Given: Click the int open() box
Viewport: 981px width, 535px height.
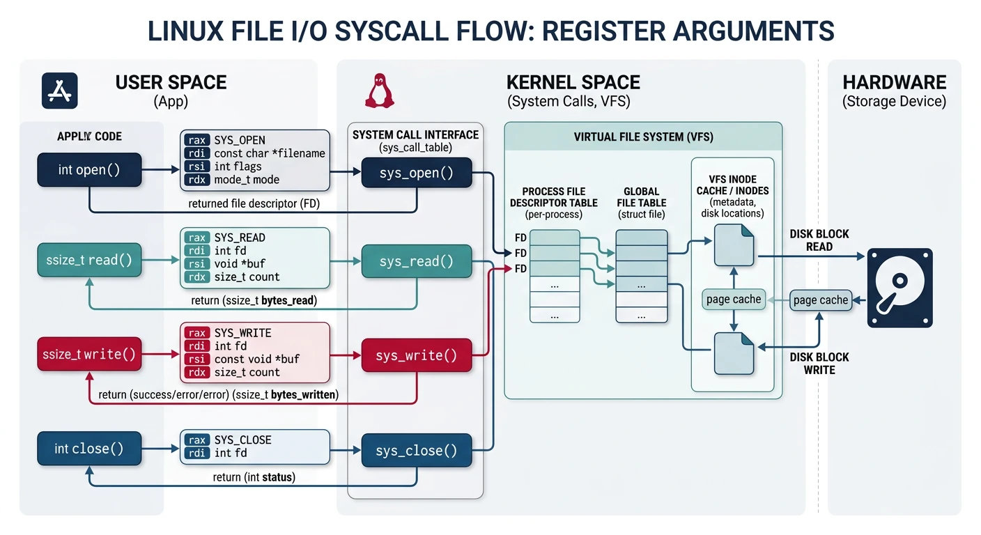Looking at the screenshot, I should [x=89, y=170].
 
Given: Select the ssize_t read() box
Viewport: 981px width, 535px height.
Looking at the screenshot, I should [x=89, y=261].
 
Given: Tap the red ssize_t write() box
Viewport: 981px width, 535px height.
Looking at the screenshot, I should [x=89, y=355].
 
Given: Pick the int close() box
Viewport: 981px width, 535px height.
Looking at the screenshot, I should [x=89, y=449].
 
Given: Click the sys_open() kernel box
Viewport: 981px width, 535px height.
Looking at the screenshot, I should [x=416, y=173].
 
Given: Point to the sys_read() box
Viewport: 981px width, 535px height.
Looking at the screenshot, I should [x=416, y=261].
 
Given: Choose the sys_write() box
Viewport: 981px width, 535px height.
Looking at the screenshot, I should [x=416, y=356].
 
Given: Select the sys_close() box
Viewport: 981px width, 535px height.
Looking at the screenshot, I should [x=416, y=451].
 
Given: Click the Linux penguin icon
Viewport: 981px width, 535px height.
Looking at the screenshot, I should [x=380, y=91].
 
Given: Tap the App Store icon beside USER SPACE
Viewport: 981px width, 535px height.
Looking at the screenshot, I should [x=60, y=91].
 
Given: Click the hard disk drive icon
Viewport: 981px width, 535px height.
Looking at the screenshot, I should [x=899, y=288].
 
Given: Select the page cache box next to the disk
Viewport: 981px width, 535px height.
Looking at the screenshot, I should [x=820, y=300].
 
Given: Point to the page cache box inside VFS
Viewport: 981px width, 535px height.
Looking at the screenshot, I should [x=733, y=300].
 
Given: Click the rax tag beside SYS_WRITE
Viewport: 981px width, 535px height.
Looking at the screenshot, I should [x=197, y=333].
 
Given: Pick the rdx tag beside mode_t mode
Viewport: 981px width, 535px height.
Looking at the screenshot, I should [x=197, y=180].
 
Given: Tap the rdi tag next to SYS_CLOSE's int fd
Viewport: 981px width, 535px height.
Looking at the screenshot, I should [x=197, y=453].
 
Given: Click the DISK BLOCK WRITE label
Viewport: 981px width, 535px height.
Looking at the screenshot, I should [x=819, y=363].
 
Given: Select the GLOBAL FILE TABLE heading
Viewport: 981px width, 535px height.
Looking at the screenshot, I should [x=642, y=197].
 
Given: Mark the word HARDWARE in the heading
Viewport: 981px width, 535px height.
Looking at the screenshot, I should [x=894, y=82].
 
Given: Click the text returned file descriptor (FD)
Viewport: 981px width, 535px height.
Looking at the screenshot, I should [x=249, y=204].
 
